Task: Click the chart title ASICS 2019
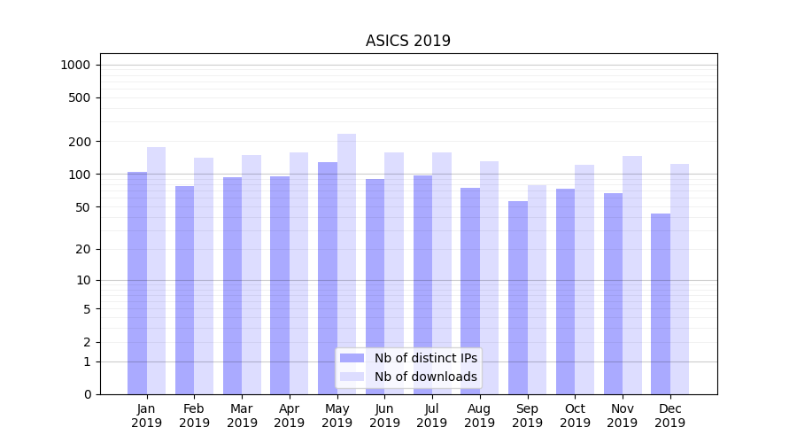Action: [408, 41]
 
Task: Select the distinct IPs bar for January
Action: [137, 284]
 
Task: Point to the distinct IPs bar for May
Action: [328, 278]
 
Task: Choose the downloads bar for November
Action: [632, 275]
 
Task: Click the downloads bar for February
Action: [204, 276]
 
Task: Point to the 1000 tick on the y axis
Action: [75, 65]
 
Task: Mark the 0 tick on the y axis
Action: [87, 394]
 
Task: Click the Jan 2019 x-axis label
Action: [147, 416]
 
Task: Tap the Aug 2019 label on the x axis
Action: [480, 416]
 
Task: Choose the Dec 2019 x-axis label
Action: [669, 416]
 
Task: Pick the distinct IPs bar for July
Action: [422, 284]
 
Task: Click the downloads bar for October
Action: [584, 279]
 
